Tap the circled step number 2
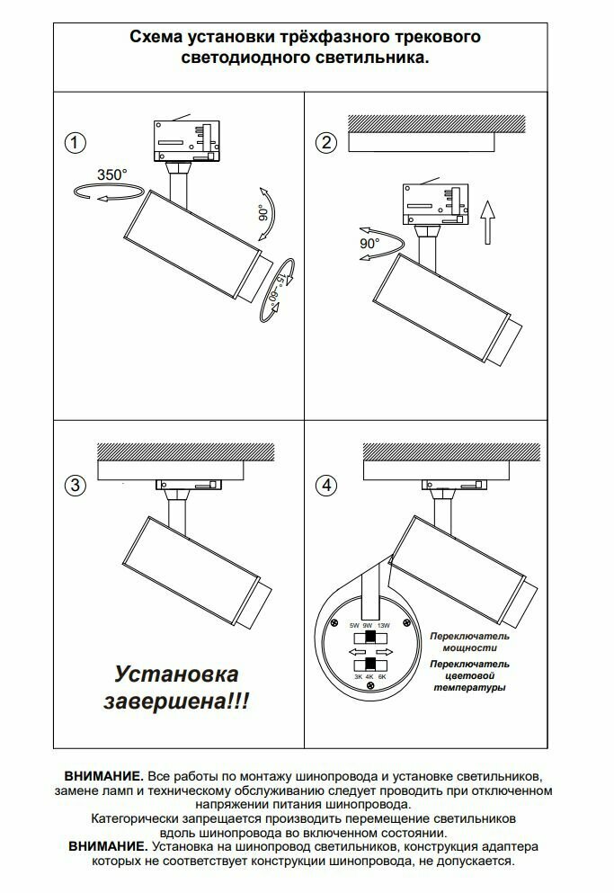click(325, 142)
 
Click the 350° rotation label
click(111, 174)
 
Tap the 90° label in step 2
click(369, 243)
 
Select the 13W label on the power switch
click(384, 624)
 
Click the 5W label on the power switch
click(355, 624)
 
